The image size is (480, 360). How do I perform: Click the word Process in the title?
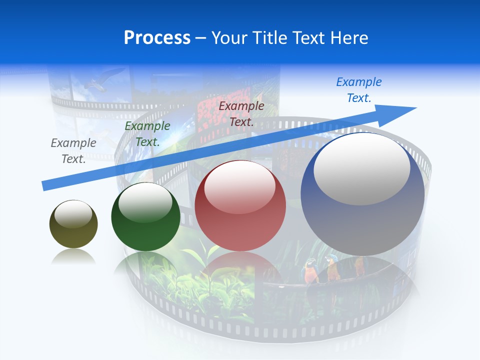pyautogui.click(x=157, y=38)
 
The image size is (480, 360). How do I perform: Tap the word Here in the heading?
pyautogui.click(x=348, y=38)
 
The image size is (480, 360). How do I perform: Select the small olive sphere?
pyautogui.click(x=73, y=224)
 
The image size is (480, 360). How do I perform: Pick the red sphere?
pyautogui.click(x=240, y=206)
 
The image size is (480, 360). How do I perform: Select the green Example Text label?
pyautogui.click(x=147, y=134)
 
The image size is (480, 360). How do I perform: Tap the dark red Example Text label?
pyautogui.click(x=241, y=113)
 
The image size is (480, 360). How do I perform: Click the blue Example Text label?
pyautogui.click(x=359, y=89)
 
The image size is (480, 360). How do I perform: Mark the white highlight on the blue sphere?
pyautogui.click(x=362, y=168)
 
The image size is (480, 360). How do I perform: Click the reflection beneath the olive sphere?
pyautogui.click(x=73, y=257)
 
